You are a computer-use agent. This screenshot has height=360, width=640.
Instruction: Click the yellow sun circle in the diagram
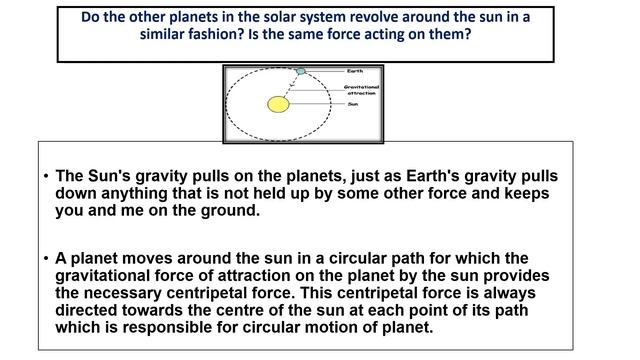pyautogui.click(x=278, y=103)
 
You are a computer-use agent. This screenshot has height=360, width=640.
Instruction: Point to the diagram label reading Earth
pyautogui.click(x=355, y=71)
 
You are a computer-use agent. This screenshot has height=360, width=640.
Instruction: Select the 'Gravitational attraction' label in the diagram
pyautogui.click(x=360, y=90)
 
